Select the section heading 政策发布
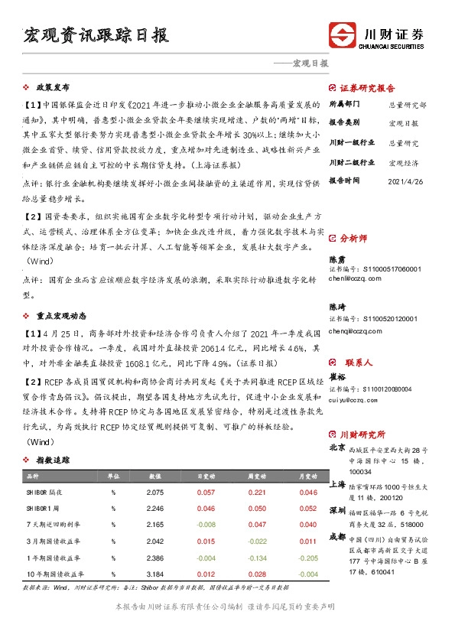tap(54, 87)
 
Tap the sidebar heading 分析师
tap(353, 239)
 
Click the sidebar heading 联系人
tap(353, 363)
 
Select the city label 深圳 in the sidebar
tap(336, 509)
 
